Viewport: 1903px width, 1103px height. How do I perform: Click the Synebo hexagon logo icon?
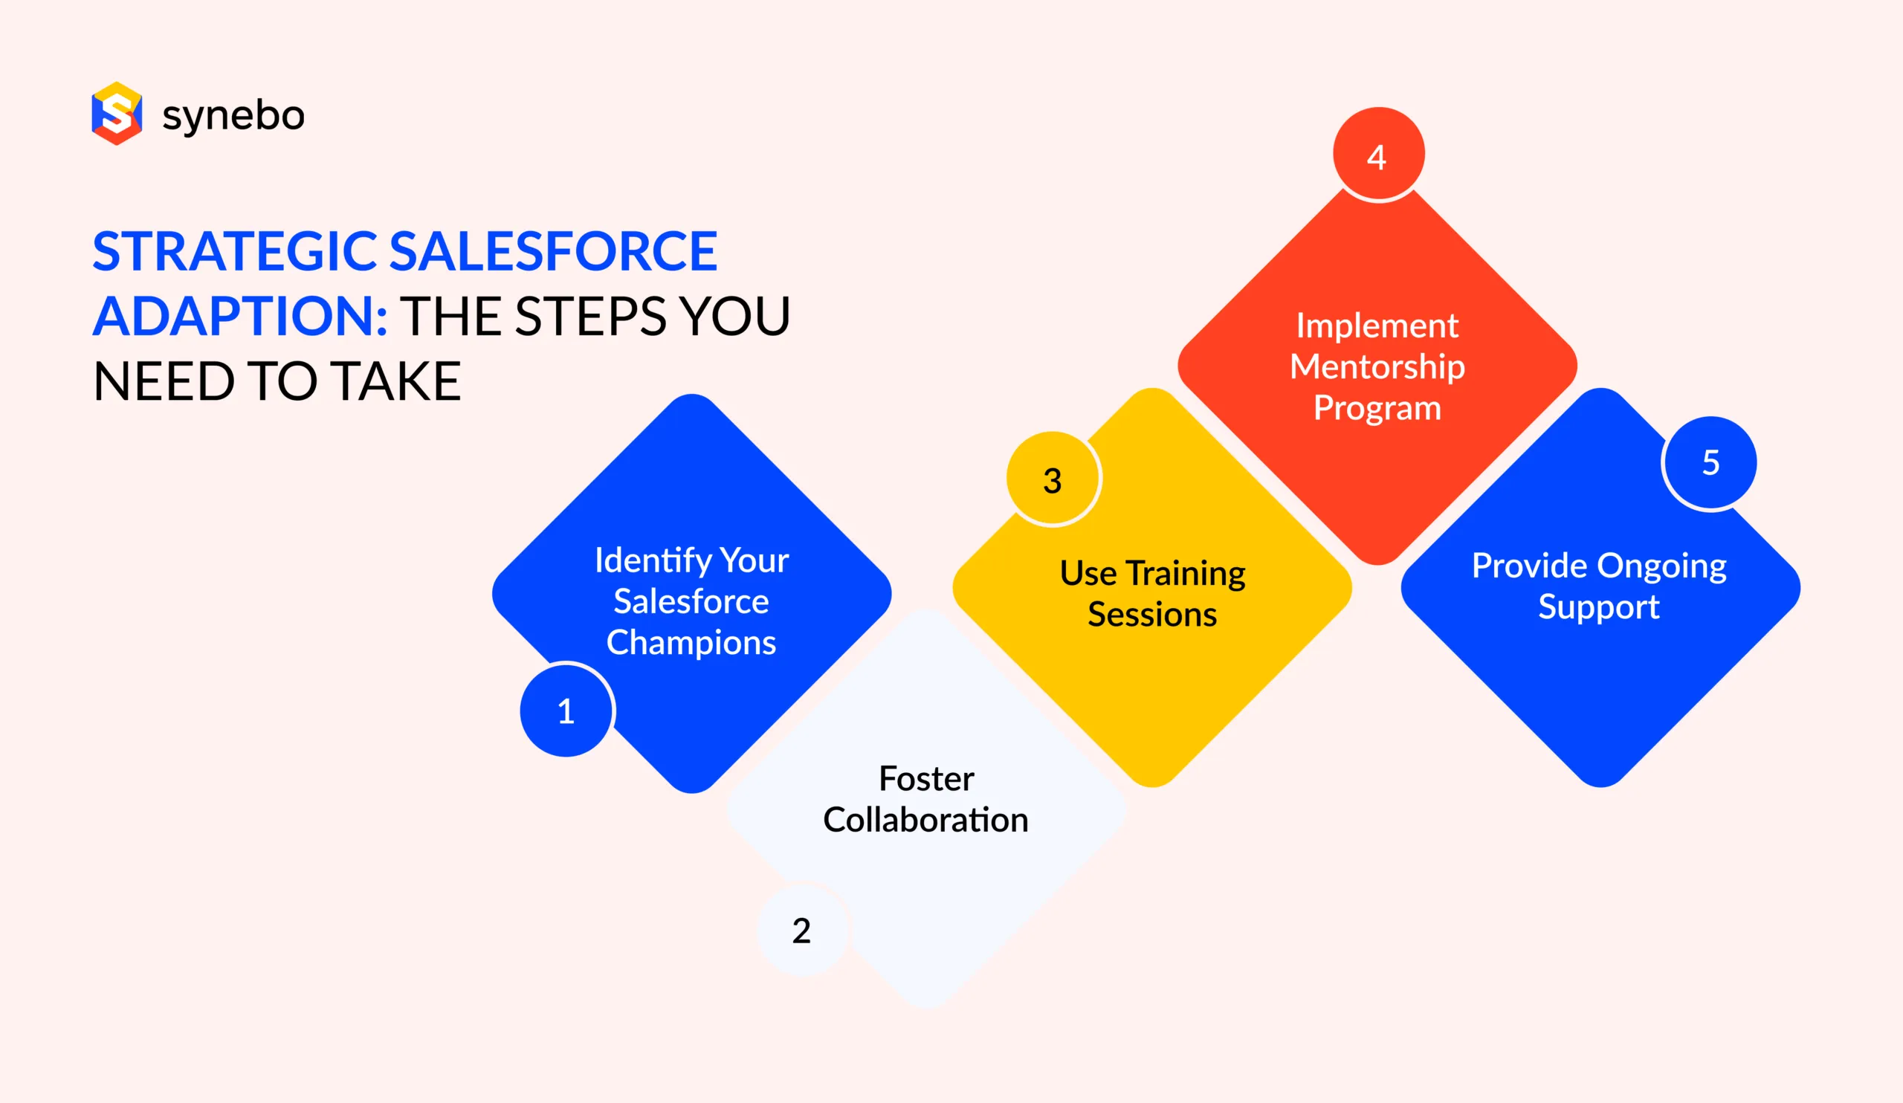116,113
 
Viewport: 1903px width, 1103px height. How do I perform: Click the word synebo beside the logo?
233,115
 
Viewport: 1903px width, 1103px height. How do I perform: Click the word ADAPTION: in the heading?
240,317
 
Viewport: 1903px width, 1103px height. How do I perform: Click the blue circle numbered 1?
566,711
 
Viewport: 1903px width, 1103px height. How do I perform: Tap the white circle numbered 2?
801,930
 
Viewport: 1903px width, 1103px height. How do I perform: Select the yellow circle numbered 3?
1052,480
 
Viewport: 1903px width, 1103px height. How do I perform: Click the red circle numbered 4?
1377,155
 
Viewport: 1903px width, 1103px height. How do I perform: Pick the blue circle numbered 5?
1710,462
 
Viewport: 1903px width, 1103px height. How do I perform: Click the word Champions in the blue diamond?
691,642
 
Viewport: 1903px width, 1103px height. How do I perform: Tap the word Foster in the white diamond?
926,778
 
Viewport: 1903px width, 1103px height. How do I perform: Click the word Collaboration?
925,820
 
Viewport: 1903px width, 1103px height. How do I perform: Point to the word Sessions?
1151,615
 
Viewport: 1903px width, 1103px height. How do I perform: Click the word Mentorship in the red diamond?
1377,367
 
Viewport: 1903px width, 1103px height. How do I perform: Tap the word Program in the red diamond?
1377,409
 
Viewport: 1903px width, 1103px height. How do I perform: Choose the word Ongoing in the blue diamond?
1661,566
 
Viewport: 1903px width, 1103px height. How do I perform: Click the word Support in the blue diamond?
1599,607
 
